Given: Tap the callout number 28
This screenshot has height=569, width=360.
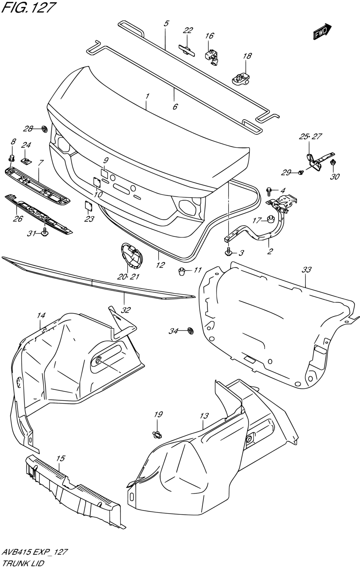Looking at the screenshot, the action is click(28, 129).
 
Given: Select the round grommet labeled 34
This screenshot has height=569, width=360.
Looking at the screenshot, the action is click(190, 331).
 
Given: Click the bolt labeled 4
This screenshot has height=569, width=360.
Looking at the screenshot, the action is click(269, 191).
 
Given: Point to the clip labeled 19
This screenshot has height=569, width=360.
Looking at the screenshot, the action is click(158, 435).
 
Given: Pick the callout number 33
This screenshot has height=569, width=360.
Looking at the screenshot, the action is click(306, 269).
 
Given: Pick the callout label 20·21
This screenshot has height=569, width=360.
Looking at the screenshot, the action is click(128, 276).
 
